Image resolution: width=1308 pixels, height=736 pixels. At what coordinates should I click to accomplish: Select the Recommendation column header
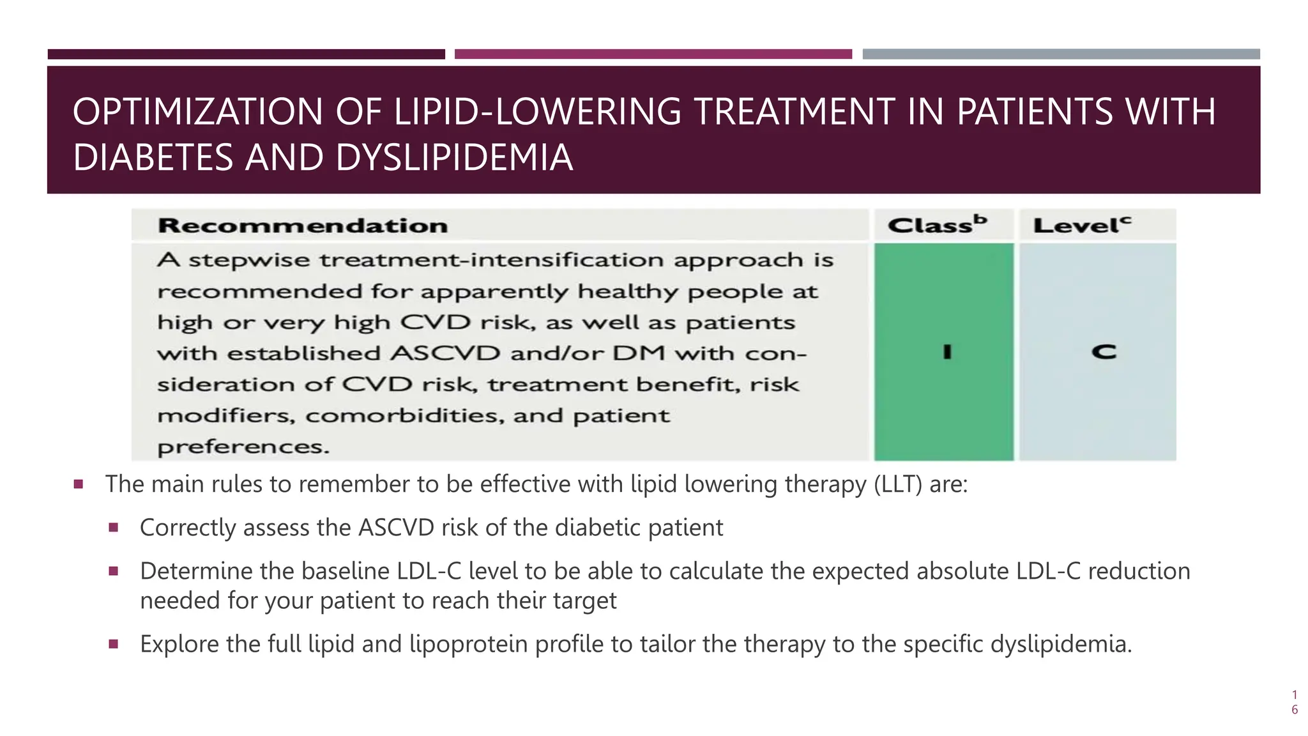[x=303, y=226]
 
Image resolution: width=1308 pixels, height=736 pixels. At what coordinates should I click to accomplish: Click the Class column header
[x=937, y=225]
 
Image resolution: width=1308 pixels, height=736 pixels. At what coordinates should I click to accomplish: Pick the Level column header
[x=1082, y=225]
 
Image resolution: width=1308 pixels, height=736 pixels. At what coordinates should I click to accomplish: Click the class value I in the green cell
[x=947, y=352]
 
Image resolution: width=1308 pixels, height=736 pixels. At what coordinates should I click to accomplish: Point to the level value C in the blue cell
[x=1103, y=352]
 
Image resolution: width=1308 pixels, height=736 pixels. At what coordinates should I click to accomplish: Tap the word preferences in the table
[x=243, y=447]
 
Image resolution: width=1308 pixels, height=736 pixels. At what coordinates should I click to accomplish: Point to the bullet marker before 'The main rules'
[x=79, y=484]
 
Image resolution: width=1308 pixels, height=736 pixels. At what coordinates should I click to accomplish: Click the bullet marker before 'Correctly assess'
[x=114, y=528]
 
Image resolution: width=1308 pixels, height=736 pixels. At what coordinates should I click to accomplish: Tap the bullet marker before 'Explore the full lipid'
[x=114, y=644]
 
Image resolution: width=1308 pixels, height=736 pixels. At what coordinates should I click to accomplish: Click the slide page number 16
[x=1294, y=702]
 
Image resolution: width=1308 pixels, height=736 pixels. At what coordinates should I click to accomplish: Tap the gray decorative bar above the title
[x=1061, y=54]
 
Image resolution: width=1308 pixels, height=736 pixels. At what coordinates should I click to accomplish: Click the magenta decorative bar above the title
[x=653, y=54]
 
